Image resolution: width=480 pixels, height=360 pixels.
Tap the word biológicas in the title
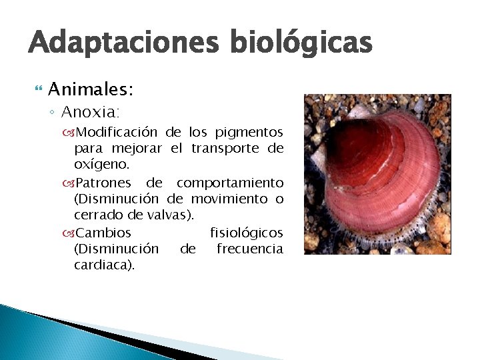[x=301, y=43]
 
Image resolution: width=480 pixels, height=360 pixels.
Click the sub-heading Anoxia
[x=90, y=111]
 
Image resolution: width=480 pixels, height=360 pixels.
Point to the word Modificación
[x=116, y=131]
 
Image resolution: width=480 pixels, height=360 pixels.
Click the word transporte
[x=227, y=148]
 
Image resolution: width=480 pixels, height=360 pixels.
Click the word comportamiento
[x=229, y=183]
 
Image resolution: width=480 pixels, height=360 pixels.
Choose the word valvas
[x=173, y=215]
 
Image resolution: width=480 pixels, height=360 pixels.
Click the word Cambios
[x=103, y=233]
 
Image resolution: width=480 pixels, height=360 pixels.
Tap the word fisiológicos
[x=246, y=233]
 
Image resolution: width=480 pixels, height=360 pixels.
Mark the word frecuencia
[x=249, y=249]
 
